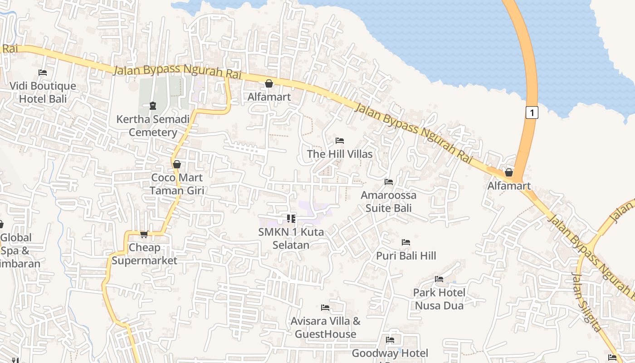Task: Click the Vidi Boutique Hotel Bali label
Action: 43,92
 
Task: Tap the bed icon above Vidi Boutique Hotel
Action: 43,73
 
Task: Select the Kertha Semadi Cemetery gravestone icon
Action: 153,106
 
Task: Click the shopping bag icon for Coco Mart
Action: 177,164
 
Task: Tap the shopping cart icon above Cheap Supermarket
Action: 144,234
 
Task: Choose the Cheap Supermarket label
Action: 144,254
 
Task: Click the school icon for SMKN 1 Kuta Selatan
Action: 291,219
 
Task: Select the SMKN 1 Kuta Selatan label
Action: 291,239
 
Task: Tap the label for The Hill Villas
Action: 340,154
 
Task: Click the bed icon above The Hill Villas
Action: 340,141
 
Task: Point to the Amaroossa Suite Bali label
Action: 389,201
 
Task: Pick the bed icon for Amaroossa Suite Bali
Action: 389,182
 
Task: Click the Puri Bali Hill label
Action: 406,256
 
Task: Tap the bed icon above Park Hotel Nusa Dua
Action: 439,279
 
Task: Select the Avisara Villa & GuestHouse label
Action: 325,328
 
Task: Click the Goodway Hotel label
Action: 390,353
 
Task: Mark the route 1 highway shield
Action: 532,112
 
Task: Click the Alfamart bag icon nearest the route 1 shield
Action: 509,172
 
